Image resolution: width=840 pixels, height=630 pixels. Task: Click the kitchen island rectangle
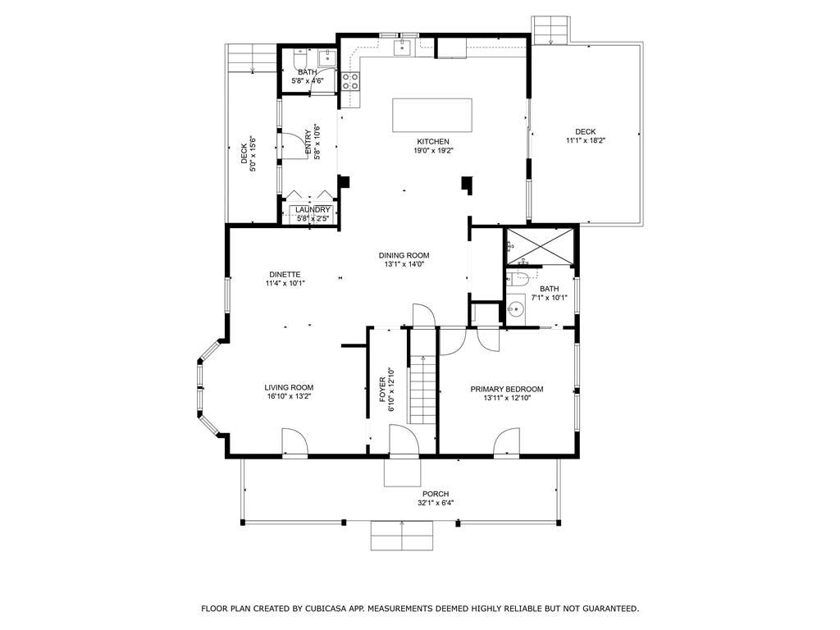pos(432,115)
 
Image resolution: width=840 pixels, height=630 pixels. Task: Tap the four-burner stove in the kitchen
pos(351,81)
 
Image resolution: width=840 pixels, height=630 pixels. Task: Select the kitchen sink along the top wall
pos(402,47)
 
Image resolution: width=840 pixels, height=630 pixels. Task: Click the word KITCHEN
pos(433,141)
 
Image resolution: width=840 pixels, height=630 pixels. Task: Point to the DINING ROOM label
pos(404,256)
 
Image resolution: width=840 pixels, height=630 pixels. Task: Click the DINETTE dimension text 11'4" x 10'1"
pos(285,283)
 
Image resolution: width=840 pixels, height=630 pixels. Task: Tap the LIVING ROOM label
pos(289,387)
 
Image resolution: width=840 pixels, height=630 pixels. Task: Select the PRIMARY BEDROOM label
pos(507,389)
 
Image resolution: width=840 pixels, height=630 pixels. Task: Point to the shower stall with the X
pos(540,246)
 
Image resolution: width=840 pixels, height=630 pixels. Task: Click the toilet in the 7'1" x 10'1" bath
pos(518,278)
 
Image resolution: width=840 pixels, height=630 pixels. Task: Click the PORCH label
pos(436,494)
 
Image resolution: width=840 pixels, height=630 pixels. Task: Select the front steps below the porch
pos(402,535)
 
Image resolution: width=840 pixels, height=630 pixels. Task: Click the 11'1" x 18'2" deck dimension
pos(586,140)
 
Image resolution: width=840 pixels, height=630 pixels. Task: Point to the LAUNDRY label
pos(313,209)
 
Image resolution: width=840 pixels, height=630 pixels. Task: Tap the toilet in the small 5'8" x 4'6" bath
pos(299,58)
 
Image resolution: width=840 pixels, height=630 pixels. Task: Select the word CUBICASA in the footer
pos(325,609)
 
